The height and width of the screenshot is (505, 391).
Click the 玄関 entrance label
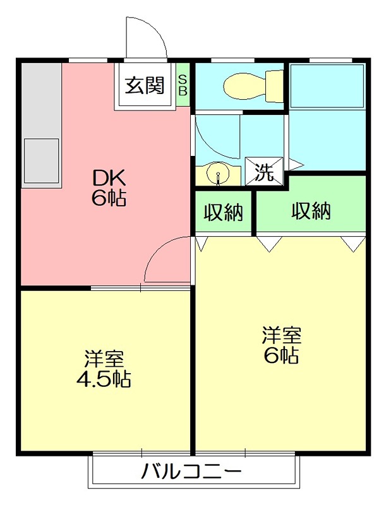144,85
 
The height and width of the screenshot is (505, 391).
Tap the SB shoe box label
183,85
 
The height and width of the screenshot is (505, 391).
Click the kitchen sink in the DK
41,160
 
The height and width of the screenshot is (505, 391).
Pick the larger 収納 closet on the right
311,211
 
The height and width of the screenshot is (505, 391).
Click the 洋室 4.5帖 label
104,369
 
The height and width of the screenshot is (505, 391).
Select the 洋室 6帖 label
281,345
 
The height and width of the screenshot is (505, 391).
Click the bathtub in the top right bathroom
327,85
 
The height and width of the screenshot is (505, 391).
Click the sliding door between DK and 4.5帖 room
140,288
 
